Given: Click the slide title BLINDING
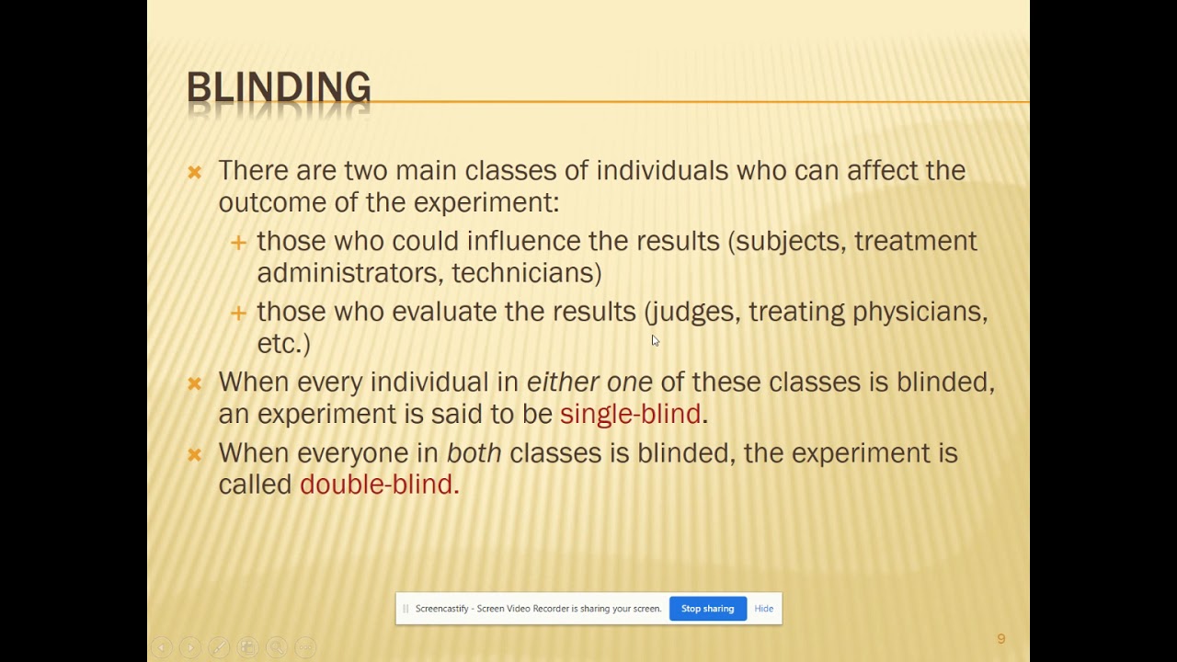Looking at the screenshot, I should [279, 88].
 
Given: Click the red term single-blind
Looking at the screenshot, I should [630, 414].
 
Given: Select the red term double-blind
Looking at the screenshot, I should [378, 485].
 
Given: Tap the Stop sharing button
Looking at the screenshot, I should [707, 609].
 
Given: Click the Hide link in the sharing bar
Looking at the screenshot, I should [763, 609].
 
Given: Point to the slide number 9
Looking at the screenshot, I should [1000, 639].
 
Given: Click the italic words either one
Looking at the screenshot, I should [588, 382].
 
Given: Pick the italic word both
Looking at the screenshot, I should [474, 452].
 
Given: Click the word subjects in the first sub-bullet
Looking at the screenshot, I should [790, 241].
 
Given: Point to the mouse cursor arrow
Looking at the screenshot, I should [655, 340].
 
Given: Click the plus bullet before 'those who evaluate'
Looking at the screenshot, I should [238, 314].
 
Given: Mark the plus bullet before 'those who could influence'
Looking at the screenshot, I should [238, 243].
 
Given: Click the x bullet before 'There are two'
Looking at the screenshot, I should [194, 172].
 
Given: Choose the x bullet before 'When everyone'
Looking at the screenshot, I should [194, 454].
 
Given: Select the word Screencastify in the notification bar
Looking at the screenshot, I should [441, 609].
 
